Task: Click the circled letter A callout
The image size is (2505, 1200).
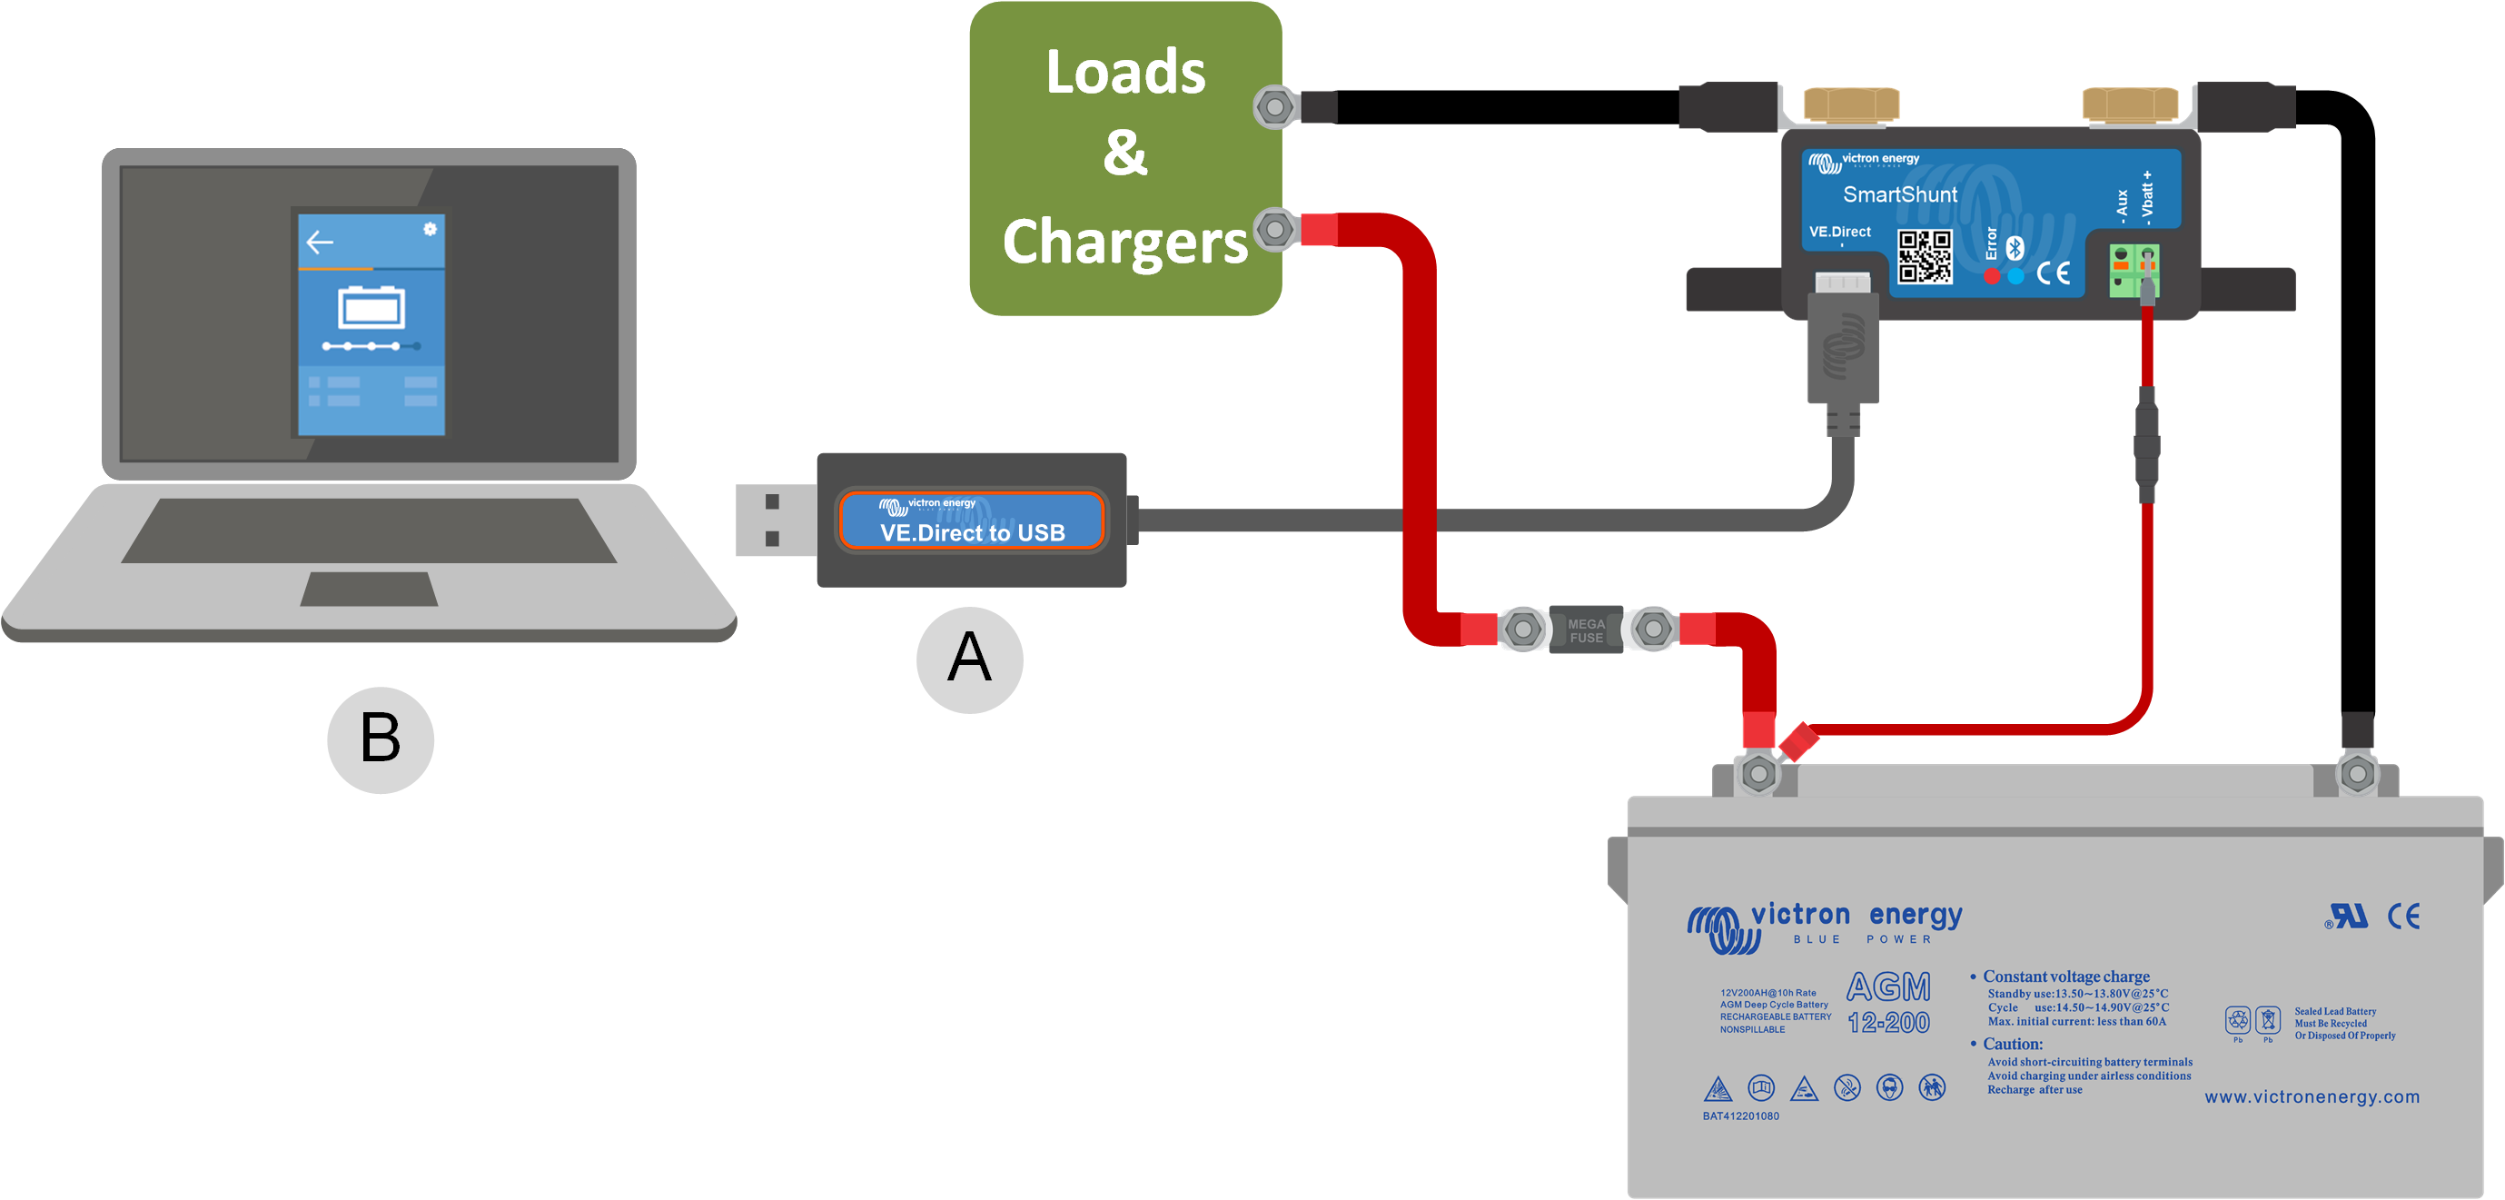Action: pos(968,660)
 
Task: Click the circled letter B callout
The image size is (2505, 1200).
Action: pos(381,739)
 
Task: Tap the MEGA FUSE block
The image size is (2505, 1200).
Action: pos(1585,630)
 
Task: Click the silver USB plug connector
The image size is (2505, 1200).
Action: pos(774,521)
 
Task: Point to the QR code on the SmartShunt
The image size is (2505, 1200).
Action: pos(1925,257)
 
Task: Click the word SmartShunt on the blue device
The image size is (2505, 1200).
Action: pos(1899,194)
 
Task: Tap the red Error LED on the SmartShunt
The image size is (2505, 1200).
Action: pos(1992,276)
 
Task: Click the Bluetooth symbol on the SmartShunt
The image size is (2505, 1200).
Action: pos(2015,248)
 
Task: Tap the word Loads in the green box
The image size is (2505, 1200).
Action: pos(1125,72)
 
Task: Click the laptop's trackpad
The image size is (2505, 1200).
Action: pos(369,590)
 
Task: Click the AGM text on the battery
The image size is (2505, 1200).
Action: pos(1887,987)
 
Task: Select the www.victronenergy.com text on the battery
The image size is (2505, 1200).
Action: pos(2312,1097)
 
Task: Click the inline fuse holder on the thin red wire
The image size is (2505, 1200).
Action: pos(2146,446)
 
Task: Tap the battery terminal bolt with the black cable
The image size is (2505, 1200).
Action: pos(2357,774)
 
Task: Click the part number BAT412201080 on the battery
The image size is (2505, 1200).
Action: pos(1739,1116)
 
